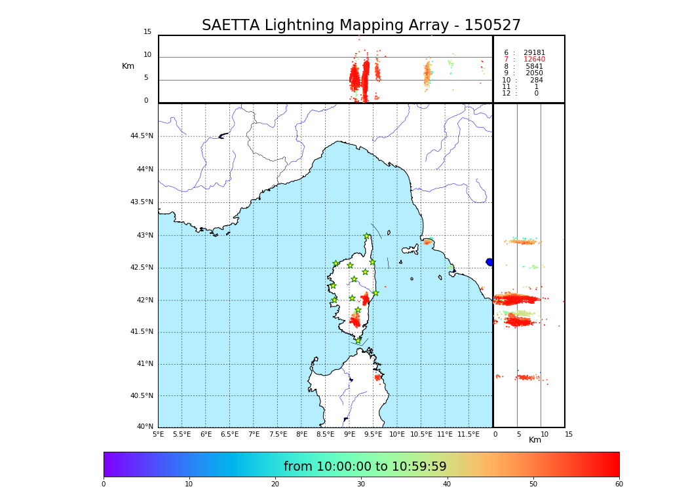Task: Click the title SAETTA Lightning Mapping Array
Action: click(x=361, y=26)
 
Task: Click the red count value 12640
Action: click(x=534, y=60)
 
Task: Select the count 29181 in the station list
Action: click(x=534, y=52)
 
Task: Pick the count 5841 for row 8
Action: click(x=534, y=67)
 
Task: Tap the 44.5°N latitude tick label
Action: click(x=142, y=136)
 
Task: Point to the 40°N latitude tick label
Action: click(x=145, y=427)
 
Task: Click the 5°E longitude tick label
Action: click(x=158, y=434)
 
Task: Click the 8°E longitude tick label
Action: click(x=301, y=434)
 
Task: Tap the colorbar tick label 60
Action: click(x=619, y=484)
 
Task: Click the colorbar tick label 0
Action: click(x=104, y=484)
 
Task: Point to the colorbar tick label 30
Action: click(x=361, y=484)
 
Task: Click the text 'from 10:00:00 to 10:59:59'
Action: click(x=365, y=467)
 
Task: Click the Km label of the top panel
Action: click(x=128, y=66)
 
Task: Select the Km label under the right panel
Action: click(x=535, y=440)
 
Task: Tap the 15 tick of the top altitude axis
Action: click(x=147, y=32)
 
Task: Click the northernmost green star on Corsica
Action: click(x=367, y=236)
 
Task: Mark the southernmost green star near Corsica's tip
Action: click(x=358, y=340)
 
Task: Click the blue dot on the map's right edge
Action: click(x=489, y=262)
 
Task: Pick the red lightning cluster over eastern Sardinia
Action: click(x=377, y=377)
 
